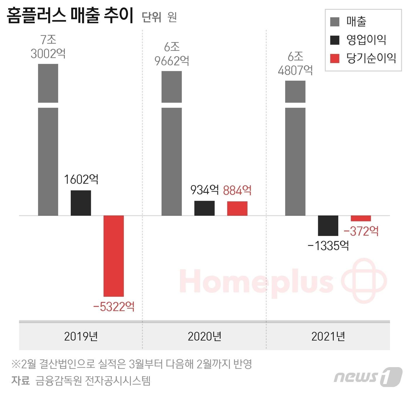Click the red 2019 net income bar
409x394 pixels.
[114, 256]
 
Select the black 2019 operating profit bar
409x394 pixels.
[81, 203]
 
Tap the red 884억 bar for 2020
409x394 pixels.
[237, 209]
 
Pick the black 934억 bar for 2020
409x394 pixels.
[204, 208]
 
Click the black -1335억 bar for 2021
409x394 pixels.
[328, 225]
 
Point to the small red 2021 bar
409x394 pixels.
[361, 218]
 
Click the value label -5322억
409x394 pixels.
[114, 307]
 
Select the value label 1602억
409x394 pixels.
[81, 179]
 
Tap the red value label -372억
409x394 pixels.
[361, 231]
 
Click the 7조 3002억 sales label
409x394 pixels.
[48, 47]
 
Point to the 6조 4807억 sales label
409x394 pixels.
[295, 63]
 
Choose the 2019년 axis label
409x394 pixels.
[81, 336]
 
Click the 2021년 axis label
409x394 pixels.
[328, 336]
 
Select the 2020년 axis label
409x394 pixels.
[204, 336]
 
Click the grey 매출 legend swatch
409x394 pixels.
[335, 22]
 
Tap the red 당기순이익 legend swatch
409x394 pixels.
[335, 58]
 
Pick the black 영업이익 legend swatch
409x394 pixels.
[335, 40]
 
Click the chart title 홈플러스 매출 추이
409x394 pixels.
[70, 16]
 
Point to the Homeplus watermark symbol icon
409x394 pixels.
[364, 280]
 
